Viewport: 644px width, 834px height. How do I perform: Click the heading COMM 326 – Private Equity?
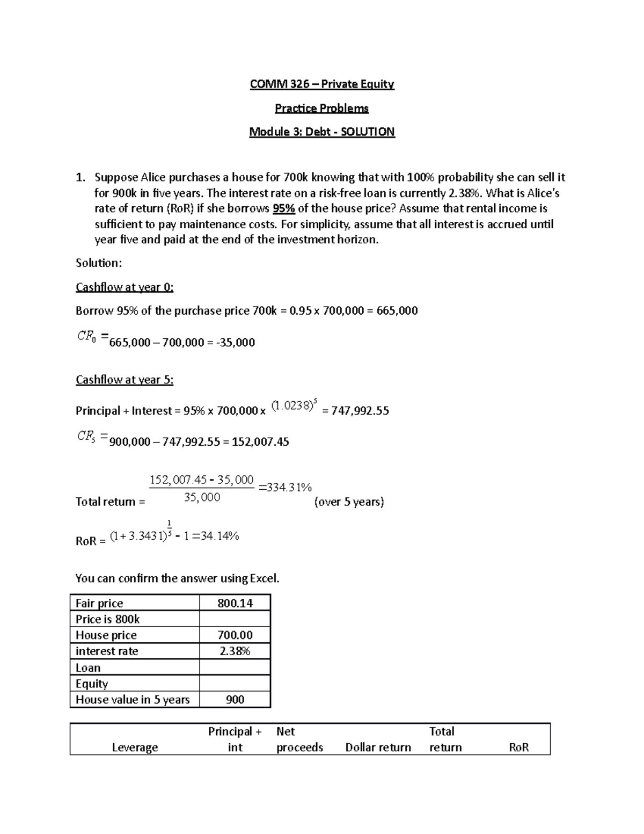[x=322, y=84]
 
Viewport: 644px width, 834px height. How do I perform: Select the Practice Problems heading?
[x=322, y=108]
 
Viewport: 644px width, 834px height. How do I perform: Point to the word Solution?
[x=99, y=263]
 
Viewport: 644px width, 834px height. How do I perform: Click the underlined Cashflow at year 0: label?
[x=125, y=287]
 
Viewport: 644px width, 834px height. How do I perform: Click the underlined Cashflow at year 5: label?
[x=125, y=380]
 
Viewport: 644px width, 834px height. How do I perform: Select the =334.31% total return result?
[x=285, y=487]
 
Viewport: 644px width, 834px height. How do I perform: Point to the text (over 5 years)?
[x=349, y=502]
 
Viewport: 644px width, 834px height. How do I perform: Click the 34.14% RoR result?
[x=219, y=535]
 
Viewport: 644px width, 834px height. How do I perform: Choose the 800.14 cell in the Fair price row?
[x=235, y=603]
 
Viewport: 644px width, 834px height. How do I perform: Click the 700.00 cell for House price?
[x=235, y=635]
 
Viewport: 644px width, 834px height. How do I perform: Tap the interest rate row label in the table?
[x=107, y=651]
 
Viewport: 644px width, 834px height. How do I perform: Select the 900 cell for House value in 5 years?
[x=235, y=700]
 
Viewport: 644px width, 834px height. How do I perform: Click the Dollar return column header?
[x=378, y=748]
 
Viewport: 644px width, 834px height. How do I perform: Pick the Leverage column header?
[x=135, y=748]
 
